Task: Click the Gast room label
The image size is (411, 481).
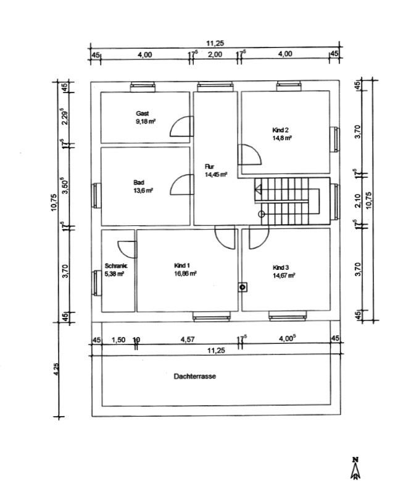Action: pyautogui.click(x=143, y=114)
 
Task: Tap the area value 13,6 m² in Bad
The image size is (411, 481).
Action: pyautogui.click(x=143, y=191)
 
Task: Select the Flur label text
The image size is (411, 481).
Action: pyautogui.click(x=210, y=167)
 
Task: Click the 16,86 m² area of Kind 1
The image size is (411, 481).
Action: pyautogui.click(x=186, y=273)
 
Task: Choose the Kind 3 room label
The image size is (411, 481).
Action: pyautogui.click(x=281, y=267)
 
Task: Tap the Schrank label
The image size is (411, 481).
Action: pyautogui.click(x=114, y=266)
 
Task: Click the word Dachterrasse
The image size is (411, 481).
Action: pyautogui.click(x=195, y=375)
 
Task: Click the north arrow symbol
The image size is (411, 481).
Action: pyautogui.click(x=355, y=469)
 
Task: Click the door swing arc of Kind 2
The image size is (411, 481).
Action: pyautogui.click(x=251, y=154)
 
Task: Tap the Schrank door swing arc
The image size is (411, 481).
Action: pyautogui.click(x=126, y=248)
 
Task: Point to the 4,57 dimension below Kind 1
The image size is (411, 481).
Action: pyautogui.click(x=187, y=340)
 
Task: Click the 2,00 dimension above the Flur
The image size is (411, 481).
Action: pyautogui.click(x=215, y=54)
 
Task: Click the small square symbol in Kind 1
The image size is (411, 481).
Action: pyautogui.click(x=243, y=287)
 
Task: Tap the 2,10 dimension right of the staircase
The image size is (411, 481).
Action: pyautogui.click(x=359, y=201)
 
